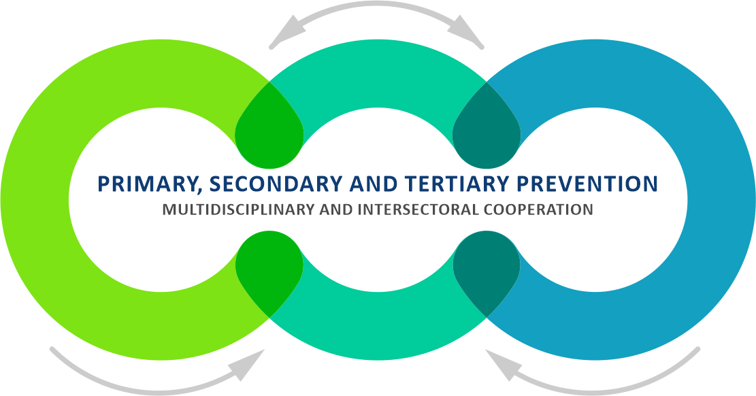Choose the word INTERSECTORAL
414,210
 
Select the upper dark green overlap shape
269,130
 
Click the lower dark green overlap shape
269,269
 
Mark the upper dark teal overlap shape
487,130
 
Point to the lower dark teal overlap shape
487,269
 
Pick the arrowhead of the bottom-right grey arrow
504,365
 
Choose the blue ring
721,199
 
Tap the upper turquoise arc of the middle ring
378,72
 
